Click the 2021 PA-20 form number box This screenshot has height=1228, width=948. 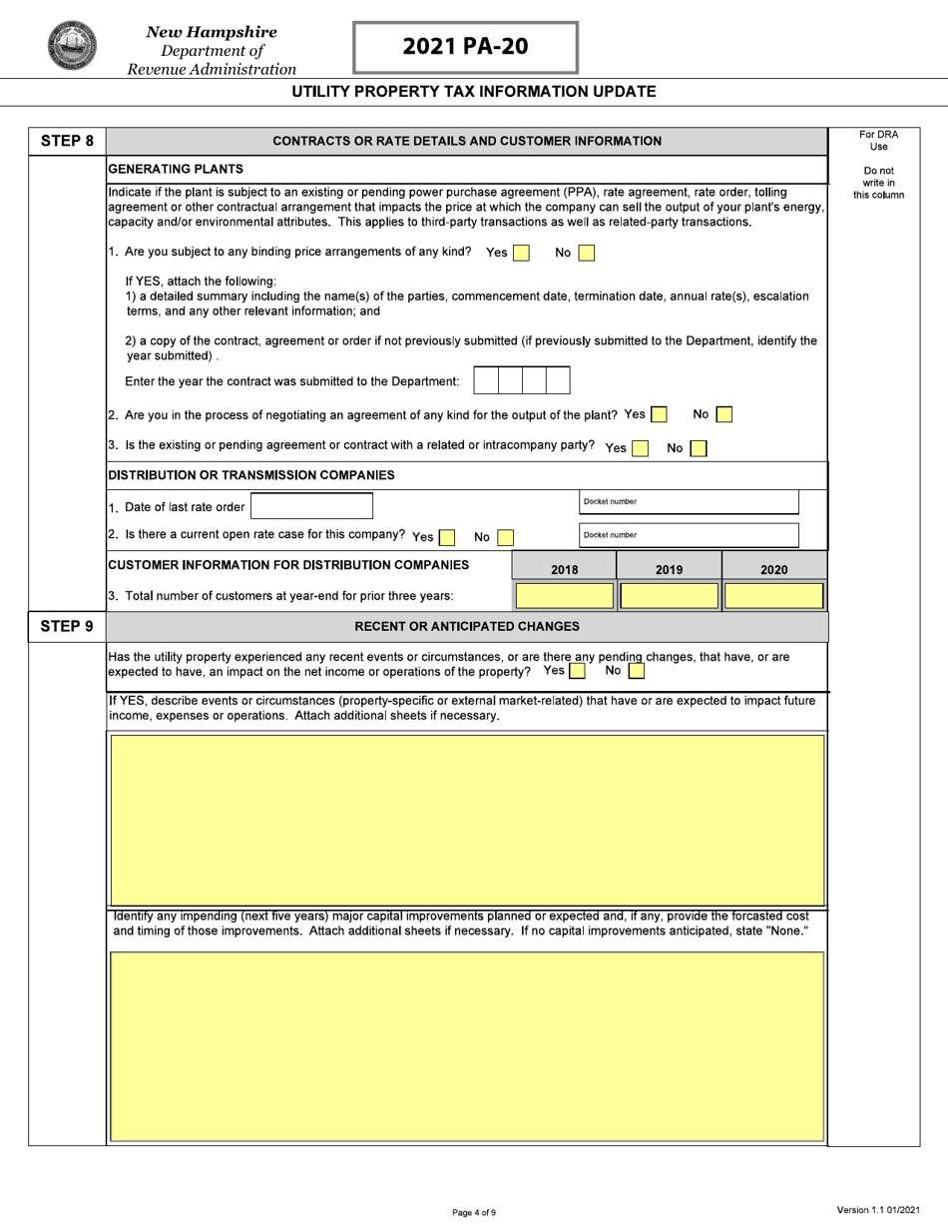[x=465, y=47]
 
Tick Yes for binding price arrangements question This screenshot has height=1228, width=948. [x=521, y=254]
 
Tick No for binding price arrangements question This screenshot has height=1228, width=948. [x=587, y=254]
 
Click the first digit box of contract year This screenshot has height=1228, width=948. [x=485, y=380]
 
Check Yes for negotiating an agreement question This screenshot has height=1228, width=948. [x=659, y=414]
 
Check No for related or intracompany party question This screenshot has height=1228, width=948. [x=699, y=448]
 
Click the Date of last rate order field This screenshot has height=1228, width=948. [x=311, y=506]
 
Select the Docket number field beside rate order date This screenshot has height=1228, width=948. [x=689, y=502]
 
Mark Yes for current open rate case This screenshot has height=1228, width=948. [x=447, y=537]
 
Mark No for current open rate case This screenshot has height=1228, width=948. [x=505, y=537]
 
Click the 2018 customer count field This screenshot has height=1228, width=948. [x=565, y=596]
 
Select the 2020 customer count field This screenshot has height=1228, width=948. [x=773, y=596]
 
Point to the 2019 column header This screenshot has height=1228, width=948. [x=669, y=569]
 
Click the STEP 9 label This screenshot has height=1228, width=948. [x=67, y=626]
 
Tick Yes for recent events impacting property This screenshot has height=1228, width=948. [x=577, y=671]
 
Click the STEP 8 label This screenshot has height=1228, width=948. [x=67, y=141]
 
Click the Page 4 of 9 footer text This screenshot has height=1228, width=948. [x=474, y=1212]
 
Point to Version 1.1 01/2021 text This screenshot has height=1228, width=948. [x=878, y=1210]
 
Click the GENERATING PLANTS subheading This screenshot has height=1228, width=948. [x=176, y=169]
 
